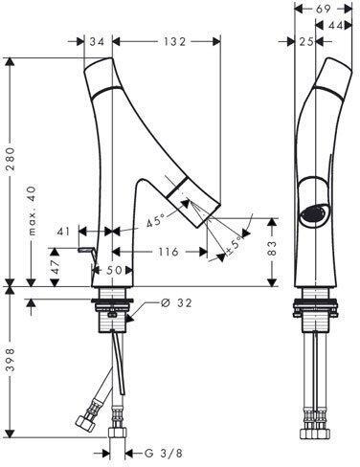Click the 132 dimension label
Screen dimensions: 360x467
(173, 41)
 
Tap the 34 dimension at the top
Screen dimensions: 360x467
(97, 41)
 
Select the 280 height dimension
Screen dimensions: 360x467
(11, 159)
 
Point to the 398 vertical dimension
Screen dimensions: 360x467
(11, 360)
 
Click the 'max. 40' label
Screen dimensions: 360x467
(33, 211)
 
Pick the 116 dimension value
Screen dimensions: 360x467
(169, 252)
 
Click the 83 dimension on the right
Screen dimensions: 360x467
(272, 249)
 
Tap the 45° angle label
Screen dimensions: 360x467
(155, 221)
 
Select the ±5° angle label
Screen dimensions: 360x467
(234, 246)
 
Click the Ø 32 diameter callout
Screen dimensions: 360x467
(176, 302)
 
